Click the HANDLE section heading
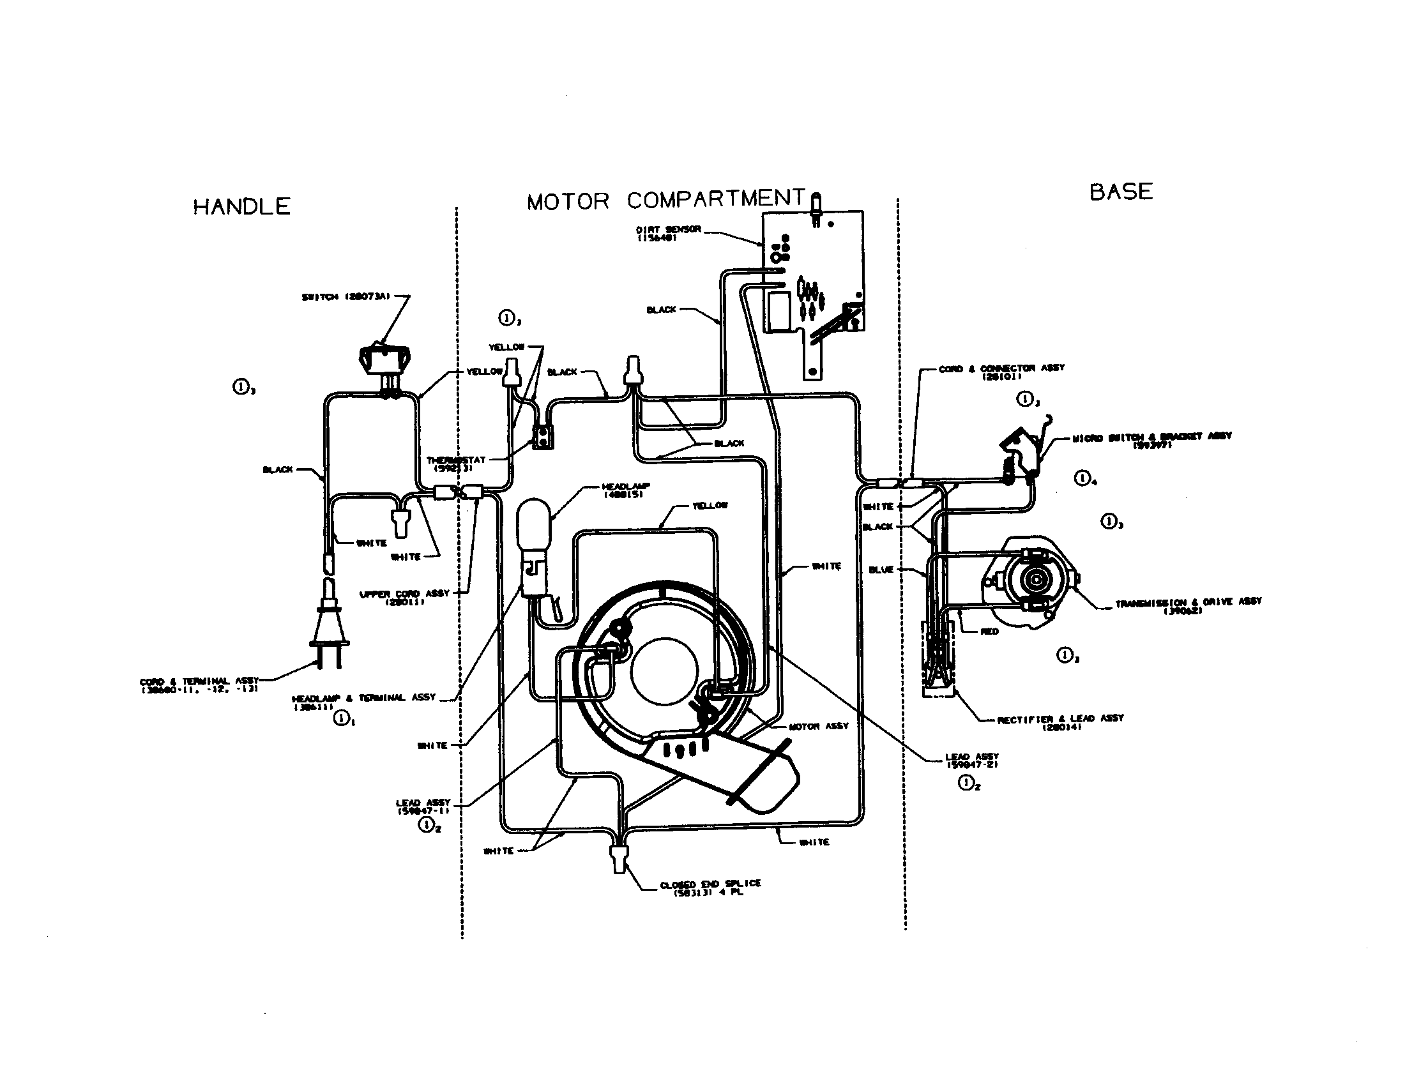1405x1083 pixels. [242, 206]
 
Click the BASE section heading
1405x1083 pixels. [1121, 192]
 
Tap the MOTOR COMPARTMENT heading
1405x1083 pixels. [666, 200]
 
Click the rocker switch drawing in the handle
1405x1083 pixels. [384, 360]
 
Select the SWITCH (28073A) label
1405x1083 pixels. [346, 297]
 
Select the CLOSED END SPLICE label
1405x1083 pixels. [710, 887]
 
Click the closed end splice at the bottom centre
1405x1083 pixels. [619, 859]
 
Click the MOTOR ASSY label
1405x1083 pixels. [818, 726]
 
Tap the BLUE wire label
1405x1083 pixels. [881, 570]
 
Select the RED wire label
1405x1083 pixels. [989, 632]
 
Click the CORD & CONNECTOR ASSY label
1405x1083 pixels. [1001, 372]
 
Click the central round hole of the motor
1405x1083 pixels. [665, 671]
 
